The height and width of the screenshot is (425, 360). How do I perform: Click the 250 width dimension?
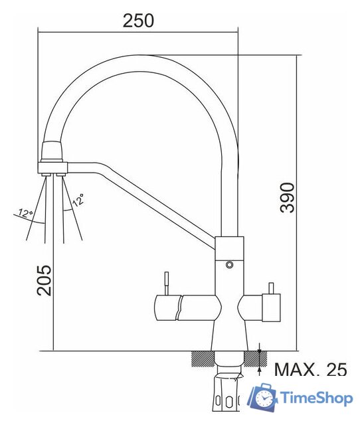[138, 20]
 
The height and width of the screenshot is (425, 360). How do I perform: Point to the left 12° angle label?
[26, 213]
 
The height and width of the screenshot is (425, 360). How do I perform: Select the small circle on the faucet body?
[230, 265]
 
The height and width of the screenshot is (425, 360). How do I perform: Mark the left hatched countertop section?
[201, 359]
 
